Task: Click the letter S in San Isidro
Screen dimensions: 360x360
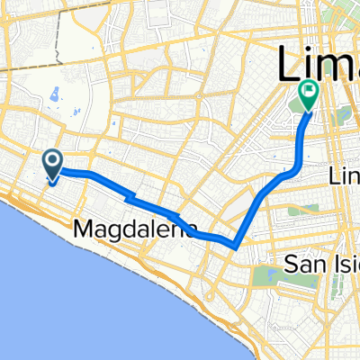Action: (291, 264)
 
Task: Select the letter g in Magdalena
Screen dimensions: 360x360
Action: (135, 233)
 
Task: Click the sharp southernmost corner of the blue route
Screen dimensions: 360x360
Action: (235, 243)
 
